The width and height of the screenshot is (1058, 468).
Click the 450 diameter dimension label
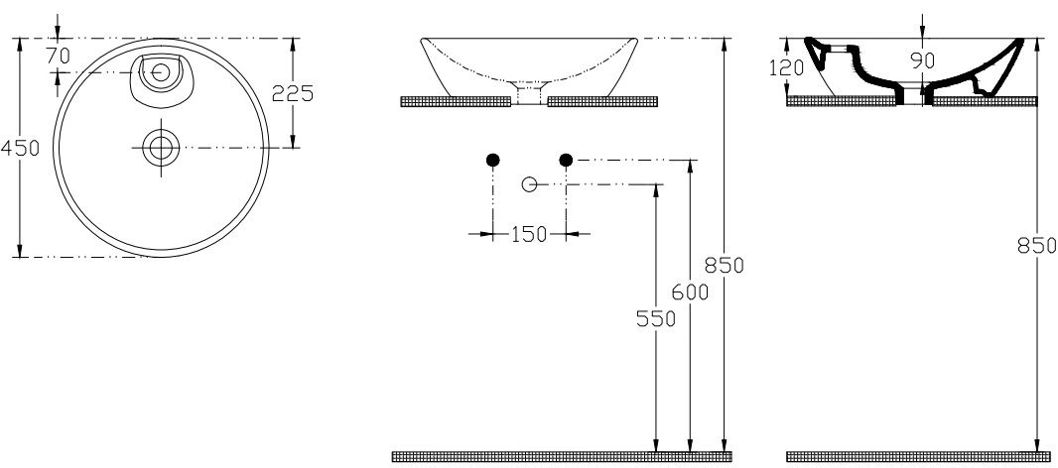pyautogui.click(x=20, y=148)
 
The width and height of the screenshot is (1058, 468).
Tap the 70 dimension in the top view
pyautogui.click(x=58, y=57)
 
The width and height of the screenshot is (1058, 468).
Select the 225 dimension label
pyautogui.click(x=293, y=93)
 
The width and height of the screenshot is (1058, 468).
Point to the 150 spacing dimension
pyautogui.click(x=529, y=234)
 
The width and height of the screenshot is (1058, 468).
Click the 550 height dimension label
pyautogui.click(x=656, y=318)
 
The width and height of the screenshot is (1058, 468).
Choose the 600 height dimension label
pyautogui.click(x=690, y=292)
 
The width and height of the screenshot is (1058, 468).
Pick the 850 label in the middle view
pyautogui.click(x=724, y=265)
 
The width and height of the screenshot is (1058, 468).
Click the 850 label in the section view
pyautogui.click(x=1037, y=246)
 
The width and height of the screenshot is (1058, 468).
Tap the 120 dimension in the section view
pyautogui.click(x=786, y=67)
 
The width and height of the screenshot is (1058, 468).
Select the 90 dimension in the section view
pyautogui.click(x=923, y=60)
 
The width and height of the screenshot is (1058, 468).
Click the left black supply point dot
pyautogui.click(x=493, y=160)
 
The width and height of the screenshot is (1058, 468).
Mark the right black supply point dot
pyautogui.click(x=566, y=160)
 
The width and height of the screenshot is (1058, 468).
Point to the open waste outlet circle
pyautogui.click(x=530, y=183)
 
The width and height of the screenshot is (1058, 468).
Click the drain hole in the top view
pyautogui.click(x=161, y=147)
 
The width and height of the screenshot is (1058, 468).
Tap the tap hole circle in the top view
pyautogui.click(x=161, y=72)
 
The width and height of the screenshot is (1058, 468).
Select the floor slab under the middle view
pyautogui.click(x=562, y=456)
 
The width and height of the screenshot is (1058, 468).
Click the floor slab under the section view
pyautogui.click(x=911, y=456)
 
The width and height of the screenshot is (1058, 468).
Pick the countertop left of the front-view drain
pyautogui.click(x=456, y=101)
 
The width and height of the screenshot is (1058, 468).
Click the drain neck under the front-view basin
pyautogui.click(x=529, y=94)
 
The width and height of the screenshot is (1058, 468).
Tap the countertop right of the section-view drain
pyautogui.click(x=985, y=101)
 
